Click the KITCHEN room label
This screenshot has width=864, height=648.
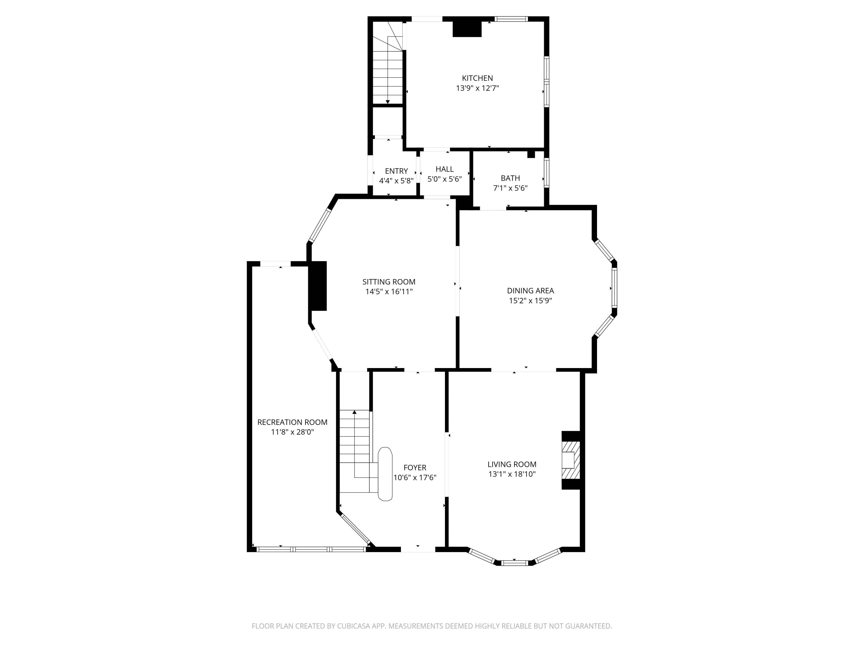coord(477,78)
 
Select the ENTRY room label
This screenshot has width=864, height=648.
coord(396,171)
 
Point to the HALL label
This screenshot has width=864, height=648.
coord(444,169)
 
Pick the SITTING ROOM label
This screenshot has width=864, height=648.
coord(389,282)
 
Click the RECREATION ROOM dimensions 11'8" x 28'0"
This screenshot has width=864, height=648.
coord(292,432)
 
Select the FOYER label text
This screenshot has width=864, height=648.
coord(415,467)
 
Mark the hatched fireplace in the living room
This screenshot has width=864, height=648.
coord(570,460)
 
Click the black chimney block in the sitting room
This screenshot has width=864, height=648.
coord(318,286)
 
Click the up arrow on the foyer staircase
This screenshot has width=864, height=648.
coord(354,412)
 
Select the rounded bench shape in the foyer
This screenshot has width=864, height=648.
coord(385,474)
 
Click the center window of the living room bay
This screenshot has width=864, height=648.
coord(514,563)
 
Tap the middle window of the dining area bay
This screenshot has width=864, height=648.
coord(614,288)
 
